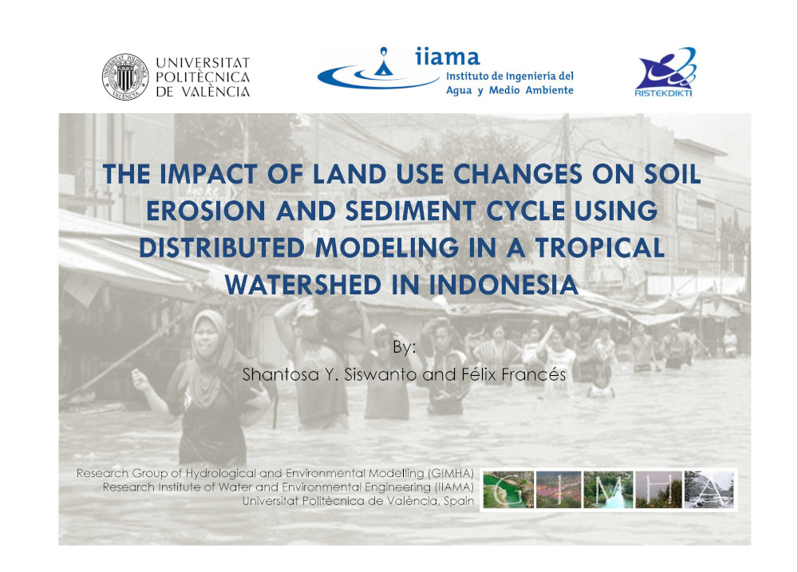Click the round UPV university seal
point(125,77)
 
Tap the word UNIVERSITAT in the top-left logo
point(203,62)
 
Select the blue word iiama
point(448,57)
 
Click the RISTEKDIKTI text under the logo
point(663,93)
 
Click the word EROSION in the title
point(206,211)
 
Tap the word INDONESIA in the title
point(504,285)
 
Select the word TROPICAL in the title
point(600,248)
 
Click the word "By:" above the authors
point(404,348)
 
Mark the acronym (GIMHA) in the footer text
point(450,473)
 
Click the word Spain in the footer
point(459,501)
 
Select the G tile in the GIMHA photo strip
point(508,490)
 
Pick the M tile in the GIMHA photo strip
point(609,490)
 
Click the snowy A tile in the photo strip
point(709,490)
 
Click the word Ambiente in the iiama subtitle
point(550,90)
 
